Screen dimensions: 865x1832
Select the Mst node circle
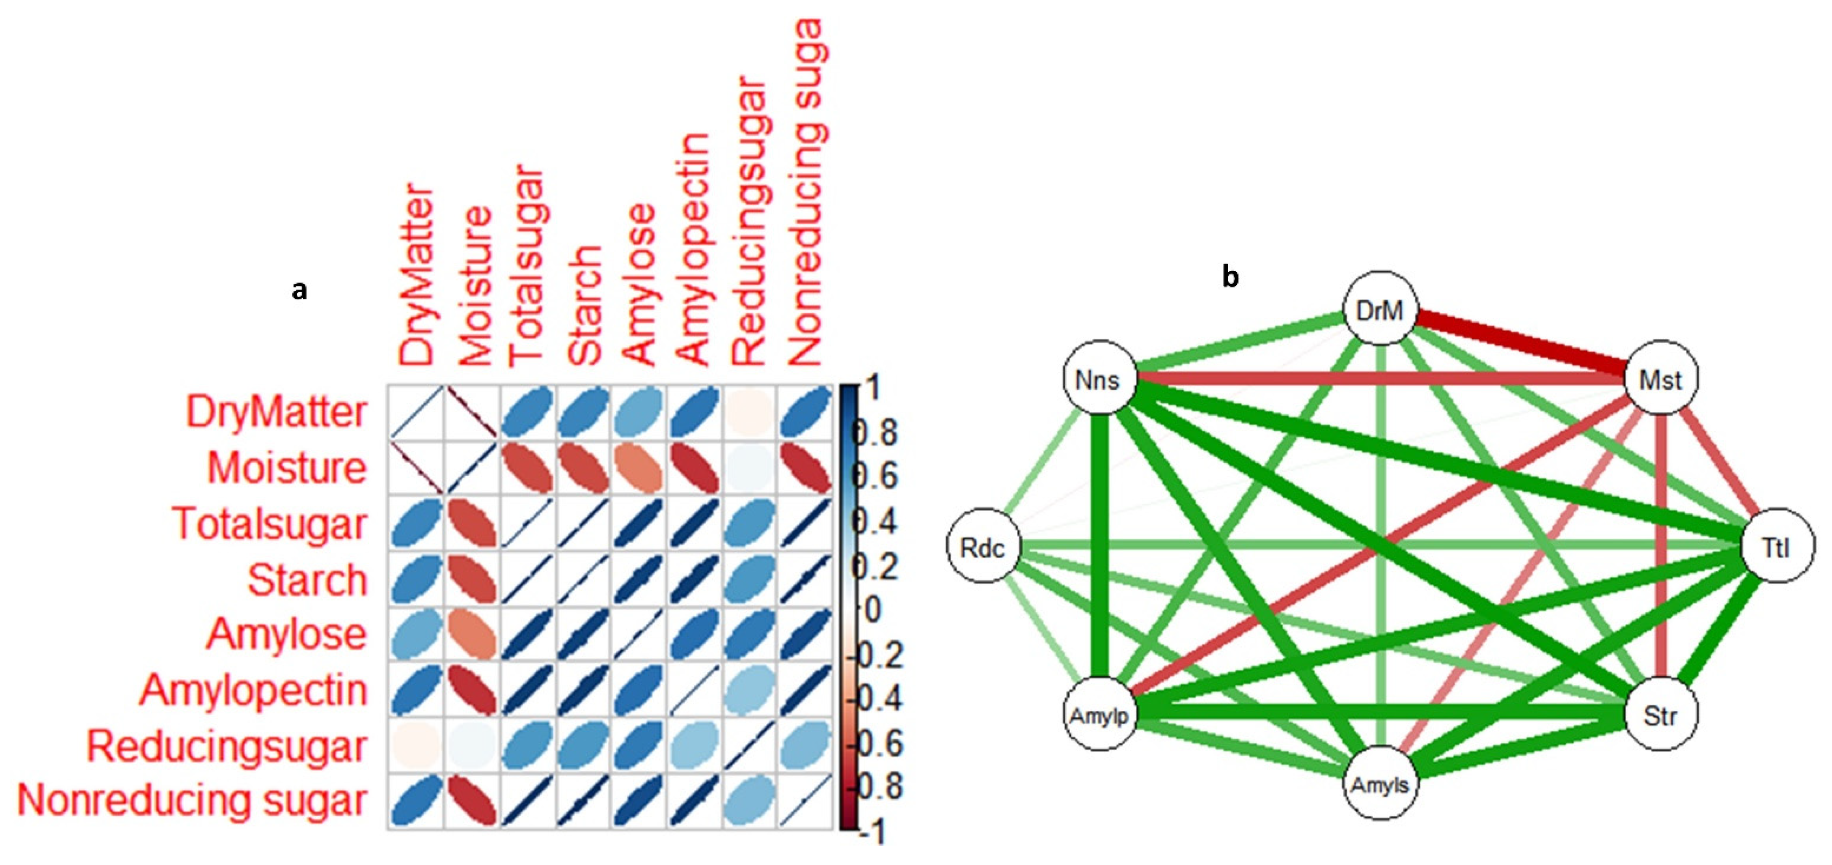1661,379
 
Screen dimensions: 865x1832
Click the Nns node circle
1099,379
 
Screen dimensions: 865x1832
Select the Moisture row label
287,467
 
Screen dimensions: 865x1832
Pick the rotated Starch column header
585,305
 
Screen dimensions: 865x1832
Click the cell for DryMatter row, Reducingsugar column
749,412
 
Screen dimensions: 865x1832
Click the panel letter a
299,289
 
